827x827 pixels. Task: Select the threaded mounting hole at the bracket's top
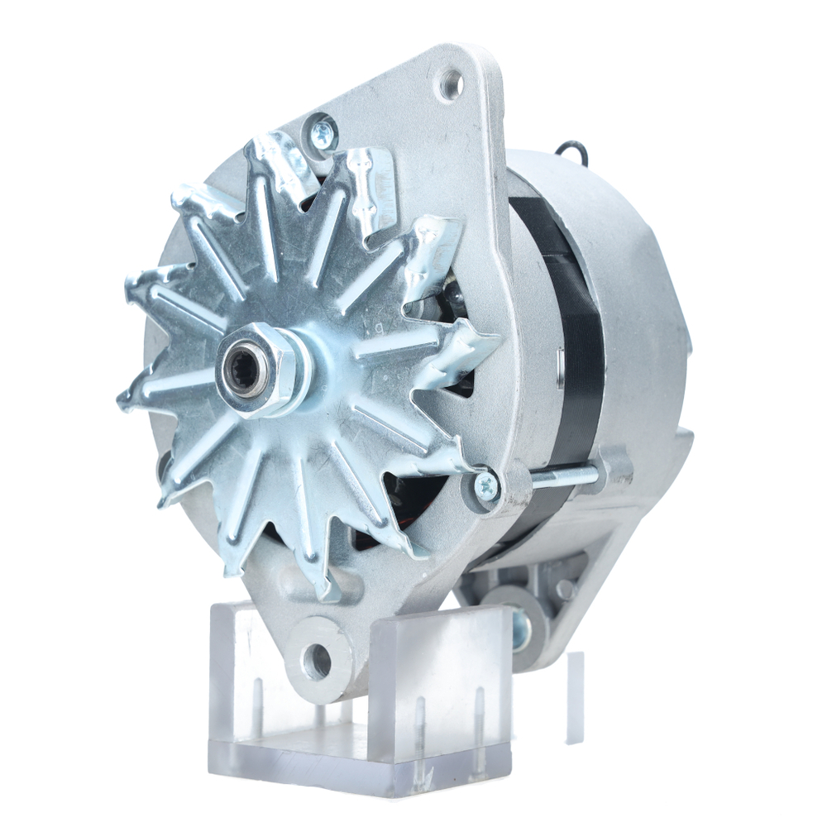451,84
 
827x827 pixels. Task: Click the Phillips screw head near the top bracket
323,132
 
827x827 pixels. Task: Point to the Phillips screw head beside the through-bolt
487,485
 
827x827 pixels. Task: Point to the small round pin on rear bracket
566,589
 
